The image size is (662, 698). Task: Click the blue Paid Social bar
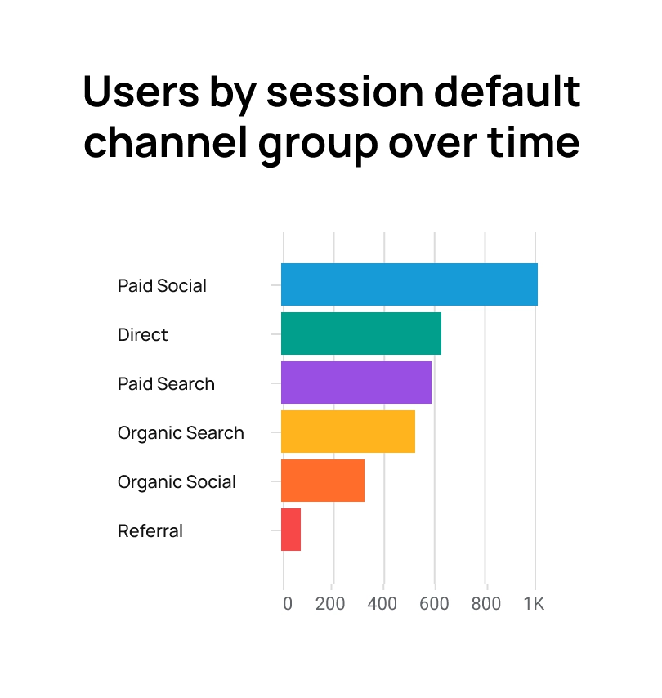point(409,284)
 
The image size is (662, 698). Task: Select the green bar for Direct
point(360,333)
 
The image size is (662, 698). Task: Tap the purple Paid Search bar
point(356,383)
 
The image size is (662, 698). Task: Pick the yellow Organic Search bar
point(347,432)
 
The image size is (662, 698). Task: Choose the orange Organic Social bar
point(322,481)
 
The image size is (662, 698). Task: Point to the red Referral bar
point(291,530)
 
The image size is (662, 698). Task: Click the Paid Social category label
point(162,286)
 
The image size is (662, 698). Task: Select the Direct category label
point(142,335)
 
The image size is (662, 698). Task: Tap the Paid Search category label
point(166,384)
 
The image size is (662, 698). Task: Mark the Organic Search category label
point(181,433)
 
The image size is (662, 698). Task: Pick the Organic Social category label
point(177,482)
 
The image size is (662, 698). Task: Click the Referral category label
point(150,531)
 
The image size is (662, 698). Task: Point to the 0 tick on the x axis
point(287,605)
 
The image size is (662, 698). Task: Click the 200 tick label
point(330,605)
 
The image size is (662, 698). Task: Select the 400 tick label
point(382,605)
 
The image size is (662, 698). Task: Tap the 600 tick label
point(434,605)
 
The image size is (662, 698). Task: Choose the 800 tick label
point(485,605)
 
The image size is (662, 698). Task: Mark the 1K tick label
point(534,605)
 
